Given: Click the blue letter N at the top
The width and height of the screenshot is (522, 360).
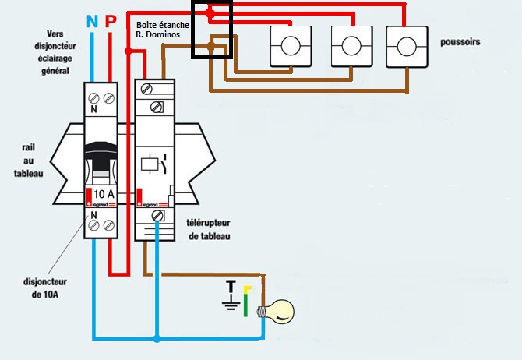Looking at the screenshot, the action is [92, 21].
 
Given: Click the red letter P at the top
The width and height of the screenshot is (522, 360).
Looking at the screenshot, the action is [111, 20].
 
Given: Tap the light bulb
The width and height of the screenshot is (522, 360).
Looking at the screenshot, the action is [276, 312].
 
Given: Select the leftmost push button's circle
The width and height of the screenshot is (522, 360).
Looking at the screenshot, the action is [291, 46].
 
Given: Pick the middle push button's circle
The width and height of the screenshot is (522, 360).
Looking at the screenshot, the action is [351, 46].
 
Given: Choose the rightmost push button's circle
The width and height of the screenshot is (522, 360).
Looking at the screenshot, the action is [407, 47].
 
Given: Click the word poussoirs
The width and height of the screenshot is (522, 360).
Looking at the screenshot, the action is [460, 42].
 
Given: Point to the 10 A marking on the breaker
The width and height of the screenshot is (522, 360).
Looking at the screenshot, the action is [104, 194].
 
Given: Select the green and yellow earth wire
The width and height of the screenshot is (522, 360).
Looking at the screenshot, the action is [246, 301].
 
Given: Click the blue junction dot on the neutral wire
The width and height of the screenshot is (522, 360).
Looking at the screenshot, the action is [157, 339].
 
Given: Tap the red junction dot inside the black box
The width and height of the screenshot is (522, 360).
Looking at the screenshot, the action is [210, 13].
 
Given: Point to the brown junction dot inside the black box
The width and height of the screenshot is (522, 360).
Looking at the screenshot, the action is [210, 47].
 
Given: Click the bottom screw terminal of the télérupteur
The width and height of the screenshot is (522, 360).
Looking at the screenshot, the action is [157, 216].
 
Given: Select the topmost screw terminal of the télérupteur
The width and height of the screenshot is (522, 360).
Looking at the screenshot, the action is [146, 89].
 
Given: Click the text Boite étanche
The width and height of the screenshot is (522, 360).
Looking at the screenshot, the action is [163, 25].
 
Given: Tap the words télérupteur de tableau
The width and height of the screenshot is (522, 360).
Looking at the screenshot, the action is [208, 229].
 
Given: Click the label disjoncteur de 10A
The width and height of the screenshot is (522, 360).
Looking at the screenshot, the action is [45, 288].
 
